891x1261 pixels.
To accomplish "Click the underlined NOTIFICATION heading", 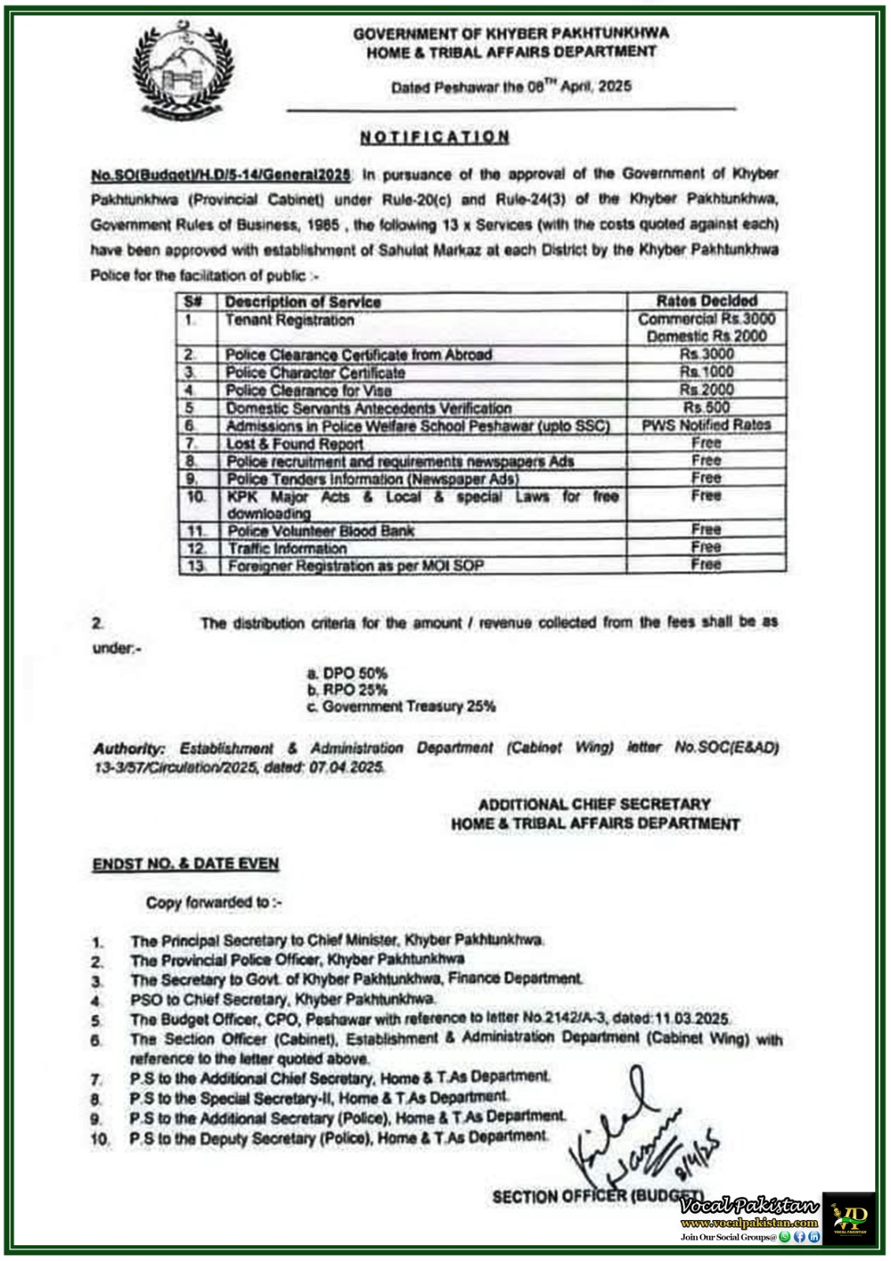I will point(435,137).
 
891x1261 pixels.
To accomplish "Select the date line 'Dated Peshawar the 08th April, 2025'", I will point(511,87).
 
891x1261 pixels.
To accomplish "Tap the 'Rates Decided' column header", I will point(707,301).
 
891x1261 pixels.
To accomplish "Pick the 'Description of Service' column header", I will point(303,302).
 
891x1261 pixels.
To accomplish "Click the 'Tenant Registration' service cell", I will point(289,321).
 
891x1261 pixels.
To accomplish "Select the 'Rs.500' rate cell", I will point(707,407).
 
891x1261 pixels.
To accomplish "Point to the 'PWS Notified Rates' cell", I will point(707,425).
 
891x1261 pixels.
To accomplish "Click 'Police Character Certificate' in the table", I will point(315,373).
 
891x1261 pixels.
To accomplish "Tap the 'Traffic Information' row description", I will point(288,549).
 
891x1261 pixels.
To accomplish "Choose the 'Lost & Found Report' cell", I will point(295,444).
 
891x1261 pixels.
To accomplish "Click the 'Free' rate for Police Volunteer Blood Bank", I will point(707,530).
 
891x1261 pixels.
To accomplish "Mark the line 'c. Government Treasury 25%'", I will point(402,707).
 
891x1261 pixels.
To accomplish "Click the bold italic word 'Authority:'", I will point(129,749).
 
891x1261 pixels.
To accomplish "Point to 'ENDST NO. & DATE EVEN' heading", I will point(186,864).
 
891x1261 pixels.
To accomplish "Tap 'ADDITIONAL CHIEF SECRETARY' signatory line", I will point(595,805).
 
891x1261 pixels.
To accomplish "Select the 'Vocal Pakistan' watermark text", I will point(750,1206).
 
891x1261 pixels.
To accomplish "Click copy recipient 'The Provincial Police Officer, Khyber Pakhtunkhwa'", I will point(297,960).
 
